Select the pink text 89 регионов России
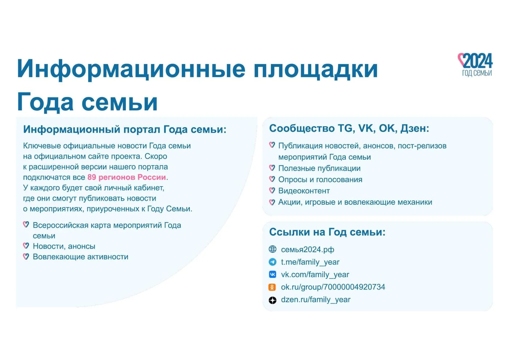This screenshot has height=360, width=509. tap(127, 177)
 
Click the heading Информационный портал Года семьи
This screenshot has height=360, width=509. tap(125, 129)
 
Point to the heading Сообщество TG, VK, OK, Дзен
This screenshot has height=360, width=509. tap(349, 128)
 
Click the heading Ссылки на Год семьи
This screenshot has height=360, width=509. tap(327, 232)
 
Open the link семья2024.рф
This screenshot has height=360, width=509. tap(308, 249)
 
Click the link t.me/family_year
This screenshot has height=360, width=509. tap(310, 262)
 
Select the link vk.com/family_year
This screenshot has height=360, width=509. tap(315, 275)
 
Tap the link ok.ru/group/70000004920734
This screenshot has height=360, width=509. tap(333, 287)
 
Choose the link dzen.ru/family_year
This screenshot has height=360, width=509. tap(316, 300)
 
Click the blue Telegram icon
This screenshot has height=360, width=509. tap(272, 262)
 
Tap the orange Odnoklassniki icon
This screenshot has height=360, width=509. tap(272, 287)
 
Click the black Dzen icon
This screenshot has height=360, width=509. tap(272, 300)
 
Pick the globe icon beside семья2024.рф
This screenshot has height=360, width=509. tap(272, 249)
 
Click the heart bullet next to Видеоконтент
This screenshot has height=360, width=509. tap(272, 190)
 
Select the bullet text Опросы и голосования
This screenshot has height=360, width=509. tap(320, 180)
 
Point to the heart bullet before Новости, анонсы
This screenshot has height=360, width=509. tap(26, 246)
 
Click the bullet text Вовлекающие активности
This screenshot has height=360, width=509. tap(81, 257)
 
